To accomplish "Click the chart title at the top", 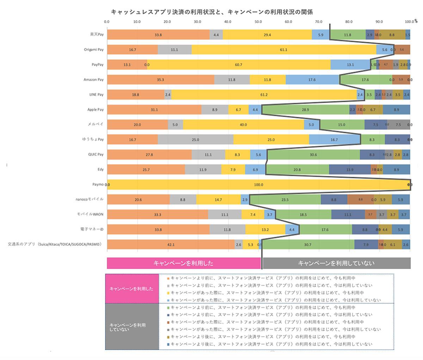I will point(212,12).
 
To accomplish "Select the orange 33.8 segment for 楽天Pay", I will point(158,35).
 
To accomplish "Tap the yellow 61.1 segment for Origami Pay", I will point(284,50).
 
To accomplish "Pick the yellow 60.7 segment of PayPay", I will point(239,65).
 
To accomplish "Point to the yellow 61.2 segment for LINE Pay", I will point(264,95).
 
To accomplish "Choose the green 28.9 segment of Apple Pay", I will point(306,110).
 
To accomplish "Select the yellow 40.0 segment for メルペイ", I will point(243,125).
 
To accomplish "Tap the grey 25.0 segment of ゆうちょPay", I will point(195,139).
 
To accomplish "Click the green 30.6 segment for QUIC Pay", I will point(313,155).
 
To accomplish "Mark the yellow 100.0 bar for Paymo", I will point(258,185).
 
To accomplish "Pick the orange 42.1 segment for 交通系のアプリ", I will point(171,244).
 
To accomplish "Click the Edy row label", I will point(100,169).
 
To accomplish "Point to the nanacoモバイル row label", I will point(90,199).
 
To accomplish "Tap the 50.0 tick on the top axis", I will point(258,21).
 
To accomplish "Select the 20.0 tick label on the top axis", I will point(168,21).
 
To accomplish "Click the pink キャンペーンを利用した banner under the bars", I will point(184,263).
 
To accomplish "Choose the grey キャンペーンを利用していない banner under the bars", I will point(336,263).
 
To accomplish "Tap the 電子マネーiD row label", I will point(92,229).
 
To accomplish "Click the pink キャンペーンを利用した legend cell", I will point(132,288).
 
